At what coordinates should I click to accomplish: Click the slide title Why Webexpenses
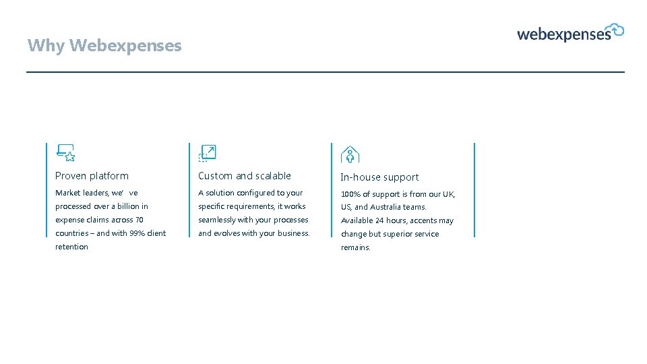pyautogui.click(x=104, y=46)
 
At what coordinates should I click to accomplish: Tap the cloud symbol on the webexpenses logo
pyautogui.click(x=617, y=30)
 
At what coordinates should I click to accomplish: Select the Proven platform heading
pyautogui.click(x=92, y=176)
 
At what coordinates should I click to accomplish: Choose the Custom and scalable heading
pyautogui.click(x=245, y=176)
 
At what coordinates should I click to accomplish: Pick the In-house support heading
pyautogui.click(x=379, y=177)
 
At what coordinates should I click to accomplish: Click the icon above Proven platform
pyautogui.click(x=65, y=153)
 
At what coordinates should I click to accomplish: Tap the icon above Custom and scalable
pyautogui.click(x=207, y=153)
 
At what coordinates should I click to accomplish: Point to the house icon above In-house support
pyautogui.click(x=350, y=154)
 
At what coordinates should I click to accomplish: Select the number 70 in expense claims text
pyautogui.click(x=139, y=220)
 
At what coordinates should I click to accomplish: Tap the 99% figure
pyautogui.click(x=137, y=233)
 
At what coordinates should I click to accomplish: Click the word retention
pyautogui.click(x=71, y=247)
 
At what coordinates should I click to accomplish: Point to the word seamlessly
pyautogui.click(x=216, y=220)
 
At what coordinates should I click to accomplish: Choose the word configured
pyautogui.click(x=256, y=193)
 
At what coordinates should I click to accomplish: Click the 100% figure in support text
pyautogui.click(x=350, y=194)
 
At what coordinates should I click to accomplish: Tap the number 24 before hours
pyautogui.click(x=379, y=220)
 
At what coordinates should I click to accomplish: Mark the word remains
pyautogui.click(x=356, y=247)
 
